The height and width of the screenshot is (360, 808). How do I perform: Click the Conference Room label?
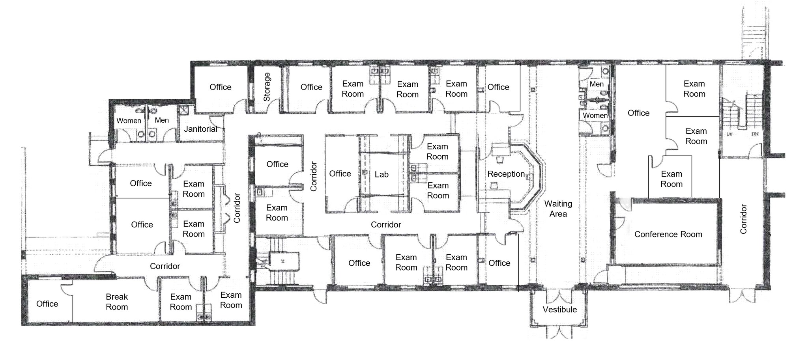(x=668, y=234)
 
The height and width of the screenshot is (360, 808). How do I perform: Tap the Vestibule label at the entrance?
(x=559, y=310)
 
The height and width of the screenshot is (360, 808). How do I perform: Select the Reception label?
(x=506, y=174)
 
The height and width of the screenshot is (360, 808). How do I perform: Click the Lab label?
(x=382, y=174)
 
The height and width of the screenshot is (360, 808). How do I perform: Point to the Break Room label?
(x=117, y=302)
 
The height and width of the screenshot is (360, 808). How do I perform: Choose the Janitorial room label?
(x=200, y=129)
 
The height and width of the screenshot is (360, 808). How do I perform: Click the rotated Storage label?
(x=267, y=87)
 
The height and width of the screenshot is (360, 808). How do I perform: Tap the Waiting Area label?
(x=558, y=209)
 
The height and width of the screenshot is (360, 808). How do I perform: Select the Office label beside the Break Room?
(x=47, y=304)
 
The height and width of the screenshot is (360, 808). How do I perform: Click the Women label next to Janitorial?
(x=129, y=121)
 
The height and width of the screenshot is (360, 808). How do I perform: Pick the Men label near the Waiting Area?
(x=596, y=84)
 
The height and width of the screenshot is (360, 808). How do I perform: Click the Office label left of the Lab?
(x=340, y=173)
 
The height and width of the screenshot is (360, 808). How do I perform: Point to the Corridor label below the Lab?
(x=385, y=224)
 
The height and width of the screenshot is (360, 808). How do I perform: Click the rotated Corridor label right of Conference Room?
(x=743, y=219)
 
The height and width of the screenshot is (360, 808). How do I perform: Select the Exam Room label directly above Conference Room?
(x=671, y=179)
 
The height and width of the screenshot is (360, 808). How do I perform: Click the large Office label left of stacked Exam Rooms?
(x=638, y=113)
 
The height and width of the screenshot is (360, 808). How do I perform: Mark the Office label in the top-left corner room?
(x=220, y=87)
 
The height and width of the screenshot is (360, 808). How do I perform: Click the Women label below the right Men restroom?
(x=595, y=116)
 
